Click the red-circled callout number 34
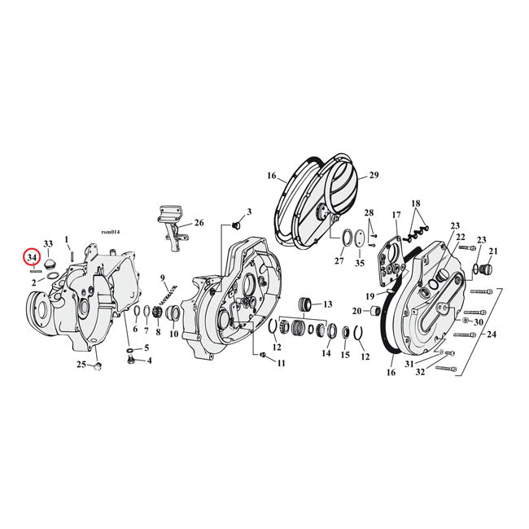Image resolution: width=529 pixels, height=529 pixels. tap(32, 257)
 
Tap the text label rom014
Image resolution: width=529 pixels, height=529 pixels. tap(111, 232)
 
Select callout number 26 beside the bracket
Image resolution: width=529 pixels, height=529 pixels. tap(199, 223)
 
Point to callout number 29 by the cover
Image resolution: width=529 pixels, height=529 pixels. tap(374, 175)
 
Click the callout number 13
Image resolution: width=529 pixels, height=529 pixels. tap(328, 304)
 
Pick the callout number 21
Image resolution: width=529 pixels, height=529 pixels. tap(493, 251)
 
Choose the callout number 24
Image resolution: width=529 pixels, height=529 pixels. tap(492, 334)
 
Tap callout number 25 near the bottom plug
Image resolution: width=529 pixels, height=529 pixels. tap(81, 365)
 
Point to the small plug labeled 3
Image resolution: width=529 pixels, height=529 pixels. tap(235, 225)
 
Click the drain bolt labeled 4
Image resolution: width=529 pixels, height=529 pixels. tap(132, 360)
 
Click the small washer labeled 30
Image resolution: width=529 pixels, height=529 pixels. tap(466, 320)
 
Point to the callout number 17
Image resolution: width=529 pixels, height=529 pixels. tap(396, 215)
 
